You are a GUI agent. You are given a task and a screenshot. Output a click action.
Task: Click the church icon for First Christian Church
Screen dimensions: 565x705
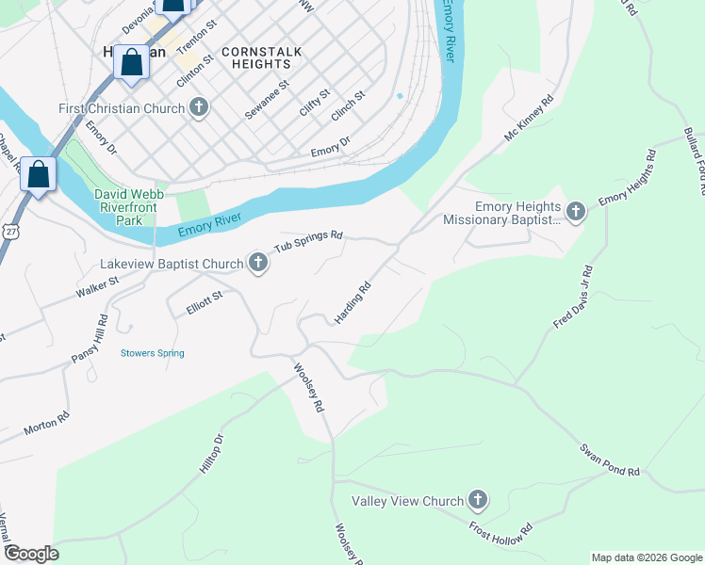[198, 108]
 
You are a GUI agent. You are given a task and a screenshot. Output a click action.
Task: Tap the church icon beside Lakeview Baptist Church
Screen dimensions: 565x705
[258, 263]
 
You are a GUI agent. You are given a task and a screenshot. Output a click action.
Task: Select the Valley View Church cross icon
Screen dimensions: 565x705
[478, 501]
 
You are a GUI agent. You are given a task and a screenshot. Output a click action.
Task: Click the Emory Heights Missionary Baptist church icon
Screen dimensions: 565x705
[575, 213]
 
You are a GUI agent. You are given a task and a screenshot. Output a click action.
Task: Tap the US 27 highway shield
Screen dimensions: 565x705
[9, 231]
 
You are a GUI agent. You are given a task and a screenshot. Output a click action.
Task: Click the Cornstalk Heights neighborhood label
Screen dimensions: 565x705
[256, 57]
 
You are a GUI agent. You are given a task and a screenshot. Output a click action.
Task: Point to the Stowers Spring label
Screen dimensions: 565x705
[152, 353]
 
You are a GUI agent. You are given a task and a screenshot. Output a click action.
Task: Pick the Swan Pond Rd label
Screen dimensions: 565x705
[610, 459]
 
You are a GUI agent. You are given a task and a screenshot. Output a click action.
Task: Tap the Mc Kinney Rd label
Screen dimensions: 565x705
[529, 119]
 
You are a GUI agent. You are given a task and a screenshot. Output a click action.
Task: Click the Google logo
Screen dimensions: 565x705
[31, 554]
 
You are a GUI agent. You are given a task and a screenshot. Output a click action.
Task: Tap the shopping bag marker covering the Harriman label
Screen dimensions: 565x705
[133, 62]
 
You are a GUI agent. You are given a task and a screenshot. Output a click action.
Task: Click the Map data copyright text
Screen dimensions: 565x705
[647, 557]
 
